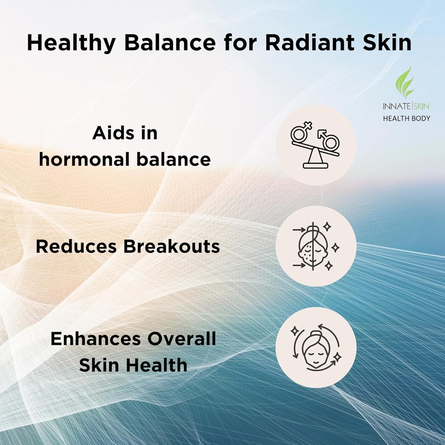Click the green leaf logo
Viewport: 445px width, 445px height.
(x=406, y=83)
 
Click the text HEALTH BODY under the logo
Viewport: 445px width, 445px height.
(x=406, y=118)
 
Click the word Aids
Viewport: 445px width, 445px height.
(x=108, y=133)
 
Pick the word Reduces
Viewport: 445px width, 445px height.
(x=76, y=247)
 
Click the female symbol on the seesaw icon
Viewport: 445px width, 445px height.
(x=300, y=132)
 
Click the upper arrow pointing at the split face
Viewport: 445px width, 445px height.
(x=299, y=229)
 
